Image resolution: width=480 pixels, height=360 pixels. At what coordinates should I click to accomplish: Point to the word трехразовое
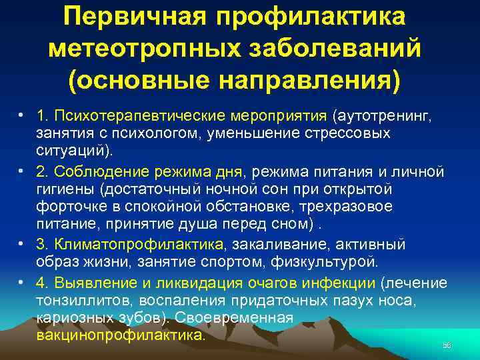(355, 207)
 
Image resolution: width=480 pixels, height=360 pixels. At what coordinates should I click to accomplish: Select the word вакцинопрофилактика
(121, 335)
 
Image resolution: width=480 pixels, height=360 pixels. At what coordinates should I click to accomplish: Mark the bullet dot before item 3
(22, 244)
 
